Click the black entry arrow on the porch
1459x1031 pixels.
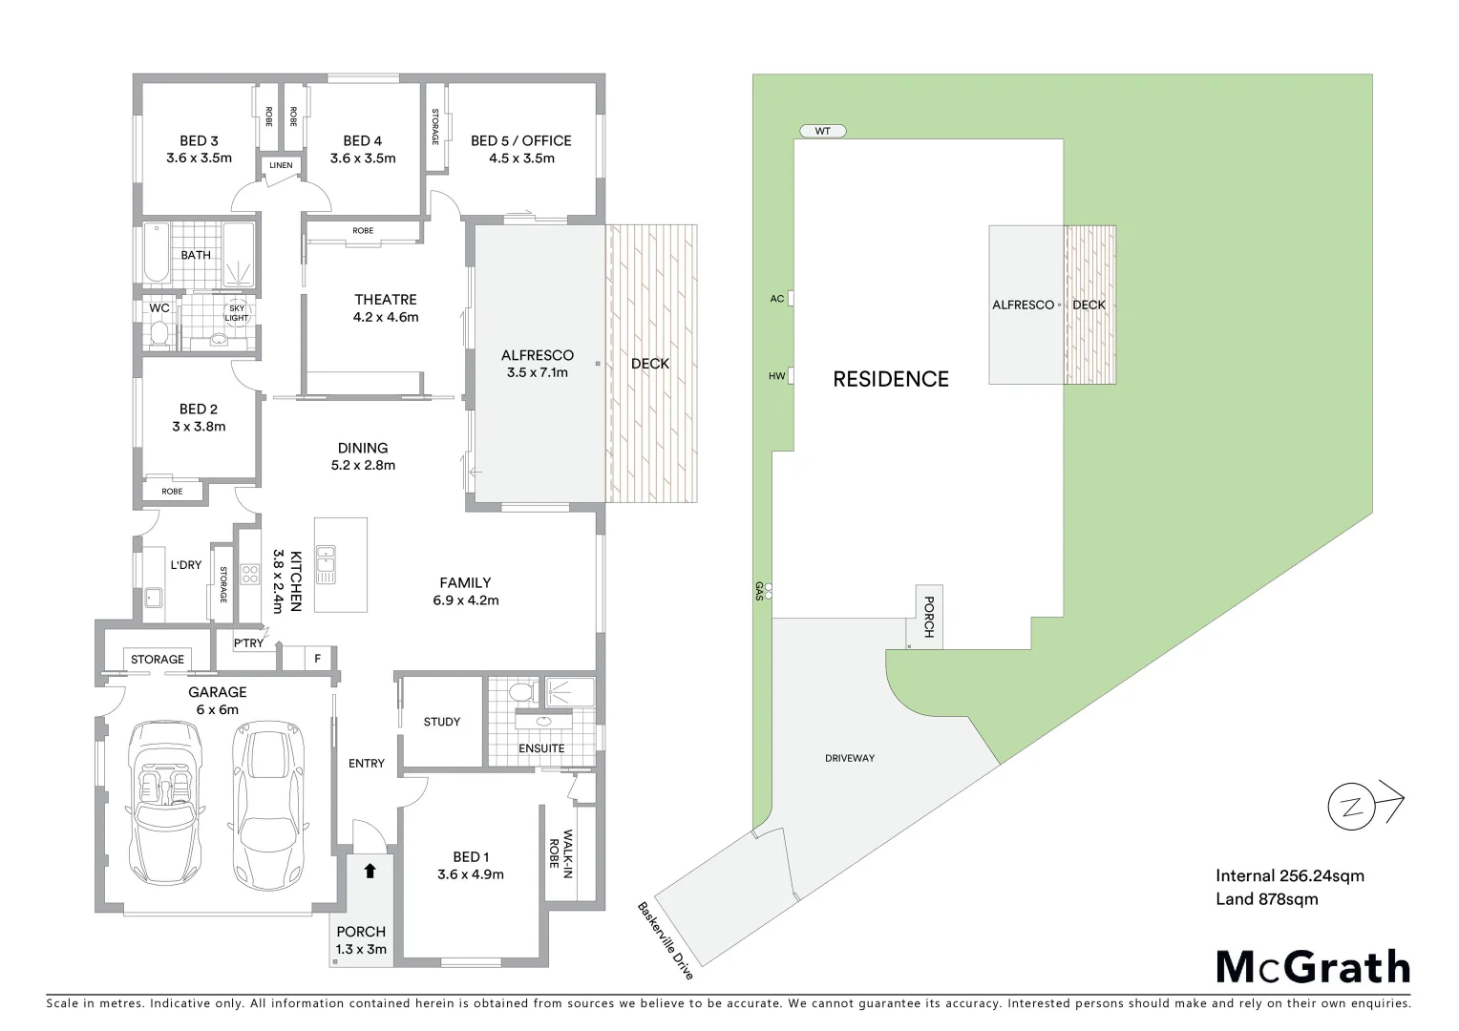click(370, 871)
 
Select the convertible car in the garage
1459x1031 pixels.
click(168, 802)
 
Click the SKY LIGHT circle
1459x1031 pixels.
click(236, 313)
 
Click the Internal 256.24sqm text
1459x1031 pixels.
click(1289, 875)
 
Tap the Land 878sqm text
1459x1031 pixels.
click(1266, 898)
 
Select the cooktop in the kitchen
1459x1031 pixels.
click(249, 574)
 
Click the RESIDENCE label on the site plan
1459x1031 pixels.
click(890, 379)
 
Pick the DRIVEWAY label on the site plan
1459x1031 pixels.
click(849, 758)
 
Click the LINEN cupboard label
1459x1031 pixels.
click(281, 165)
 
